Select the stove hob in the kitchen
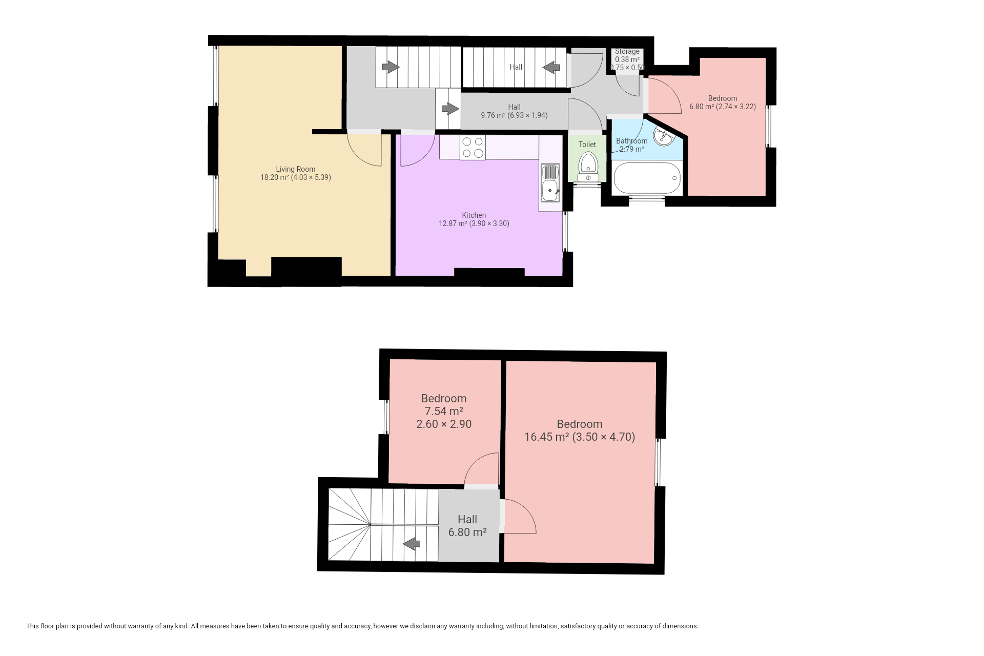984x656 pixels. pos(473,148)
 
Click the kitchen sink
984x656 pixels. pos(550,183)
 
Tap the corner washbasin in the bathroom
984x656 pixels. pos(664,135)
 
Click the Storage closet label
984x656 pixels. pos(627,51)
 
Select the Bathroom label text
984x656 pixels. pos(632,141)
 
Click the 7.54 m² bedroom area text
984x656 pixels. pos(444,411)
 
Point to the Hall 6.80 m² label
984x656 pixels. pos(467,526)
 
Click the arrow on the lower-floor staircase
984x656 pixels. pos(412,543)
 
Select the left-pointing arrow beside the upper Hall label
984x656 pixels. pos(551,67)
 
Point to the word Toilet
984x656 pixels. pos(587,145)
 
